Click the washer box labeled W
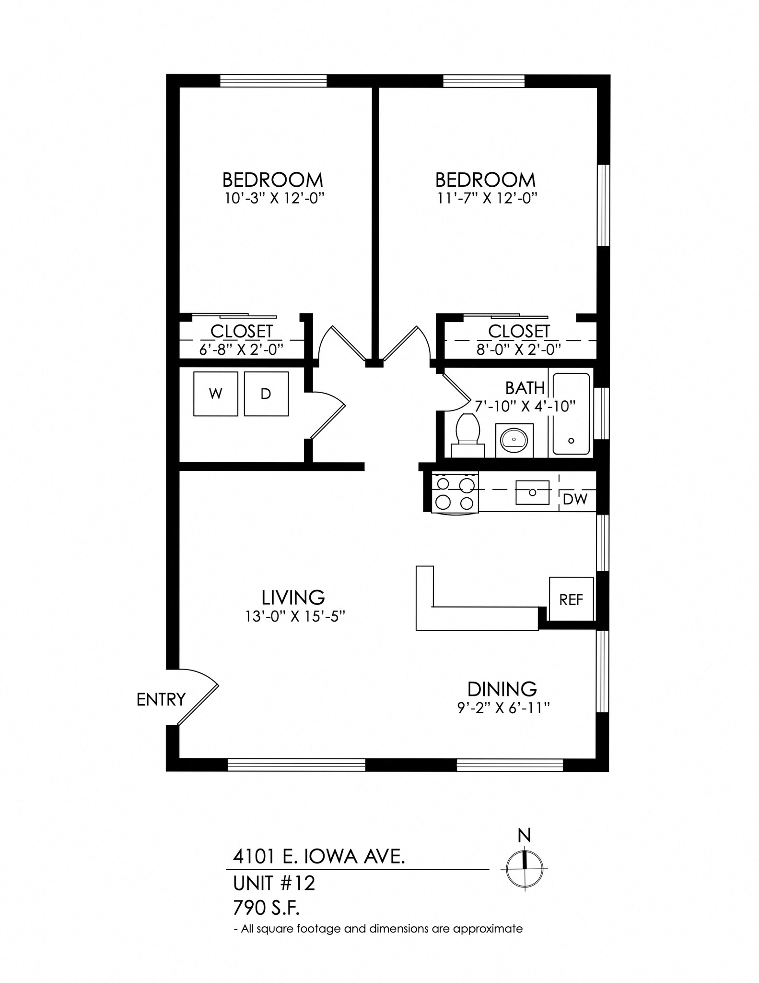[x=216, y=394]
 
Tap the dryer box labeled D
[x=266, y=394]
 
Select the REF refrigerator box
[x=571, y=599]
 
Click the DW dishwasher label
[x=575, y=499]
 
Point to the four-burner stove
[x=455, y=494]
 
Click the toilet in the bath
[x=468, y=434]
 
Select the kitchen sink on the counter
[x=532, y=492]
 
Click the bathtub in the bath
[x=571, y=414]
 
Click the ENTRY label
[x=161, y=699]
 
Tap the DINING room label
[x=502, y=689]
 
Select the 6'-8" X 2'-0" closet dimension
[x=241, y=349]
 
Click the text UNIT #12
[x=274, y=883]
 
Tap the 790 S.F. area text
[x=266, y=908]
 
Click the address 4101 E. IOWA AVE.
[x=319, y=856]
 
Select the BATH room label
[x=525, y=388]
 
